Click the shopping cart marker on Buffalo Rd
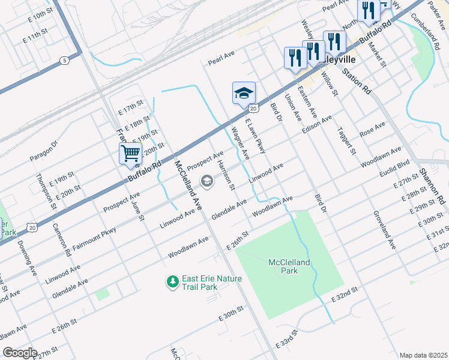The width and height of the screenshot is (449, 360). (x=130, y=153)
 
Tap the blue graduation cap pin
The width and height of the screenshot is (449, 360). (x=244, y=93)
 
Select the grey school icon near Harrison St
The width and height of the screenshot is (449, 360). (x=207, y=181)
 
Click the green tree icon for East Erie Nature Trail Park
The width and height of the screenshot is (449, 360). (x=173, y=281)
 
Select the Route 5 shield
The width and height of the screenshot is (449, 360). (x=64, y=60)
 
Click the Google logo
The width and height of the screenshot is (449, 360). (x=20, y=353)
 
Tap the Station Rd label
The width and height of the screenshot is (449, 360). (x=357, y=80)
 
